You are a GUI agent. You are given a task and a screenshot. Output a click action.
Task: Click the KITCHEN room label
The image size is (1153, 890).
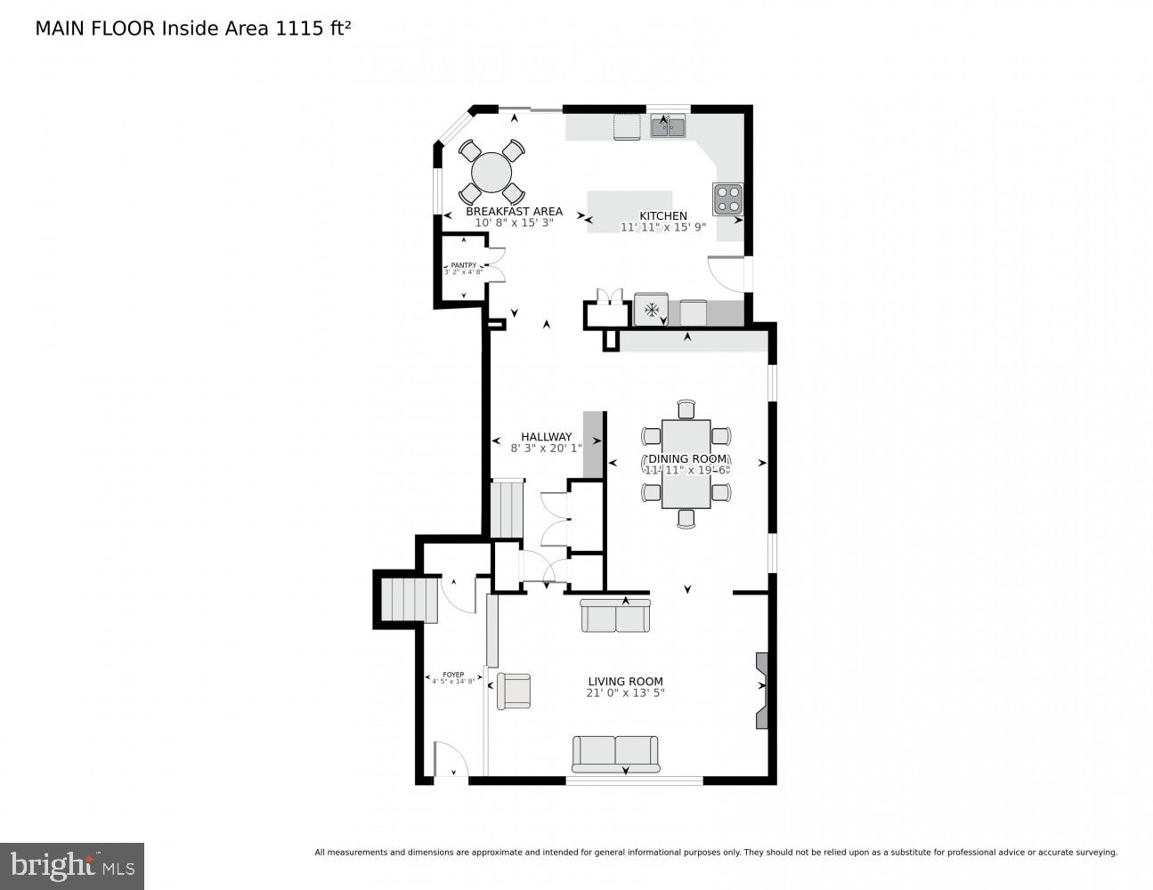663,215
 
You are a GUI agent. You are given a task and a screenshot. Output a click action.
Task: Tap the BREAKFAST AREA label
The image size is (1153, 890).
514,212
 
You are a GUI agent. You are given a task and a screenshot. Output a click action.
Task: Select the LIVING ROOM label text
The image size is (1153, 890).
625,682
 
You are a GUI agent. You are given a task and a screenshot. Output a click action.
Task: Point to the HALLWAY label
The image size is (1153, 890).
546,437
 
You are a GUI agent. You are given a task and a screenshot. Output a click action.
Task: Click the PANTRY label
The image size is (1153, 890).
463,265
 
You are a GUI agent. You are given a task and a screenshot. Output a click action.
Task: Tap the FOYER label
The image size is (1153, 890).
453,675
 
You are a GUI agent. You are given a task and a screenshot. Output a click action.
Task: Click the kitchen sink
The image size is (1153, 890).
668,127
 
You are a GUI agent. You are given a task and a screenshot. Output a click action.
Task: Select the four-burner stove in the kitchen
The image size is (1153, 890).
727,198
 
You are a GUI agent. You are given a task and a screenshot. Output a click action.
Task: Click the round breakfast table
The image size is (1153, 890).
491,173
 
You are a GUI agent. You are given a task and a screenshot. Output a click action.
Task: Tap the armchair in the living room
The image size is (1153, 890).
514,691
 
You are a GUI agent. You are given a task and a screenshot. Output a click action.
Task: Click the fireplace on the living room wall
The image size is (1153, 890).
761,690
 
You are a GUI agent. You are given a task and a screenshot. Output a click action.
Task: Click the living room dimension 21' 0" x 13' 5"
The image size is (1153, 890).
625,693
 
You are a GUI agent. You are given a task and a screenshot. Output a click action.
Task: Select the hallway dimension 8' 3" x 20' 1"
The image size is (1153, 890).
546,449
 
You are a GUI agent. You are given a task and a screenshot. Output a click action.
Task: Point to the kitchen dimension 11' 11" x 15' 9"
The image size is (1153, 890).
663,228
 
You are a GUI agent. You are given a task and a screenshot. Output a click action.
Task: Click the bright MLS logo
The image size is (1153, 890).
72,865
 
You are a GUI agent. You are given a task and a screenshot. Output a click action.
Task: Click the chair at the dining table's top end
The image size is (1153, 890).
686,409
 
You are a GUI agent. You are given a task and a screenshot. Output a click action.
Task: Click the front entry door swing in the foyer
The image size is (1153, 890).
451,764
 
